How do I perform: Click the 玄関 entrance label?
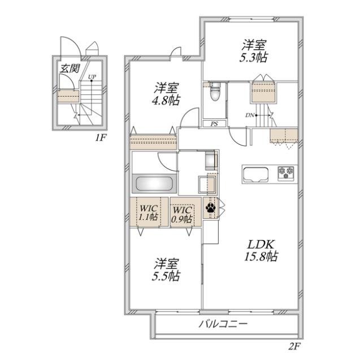(70, 69)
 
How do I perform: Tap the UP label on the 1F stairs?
(91, 77)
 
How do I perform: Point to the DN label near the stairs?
(249, 115)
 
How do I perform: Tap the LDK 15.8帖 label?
(260, 250)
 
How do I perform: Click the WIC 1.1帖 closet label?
(149, 213)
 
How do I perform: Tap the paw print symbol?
(210, 208)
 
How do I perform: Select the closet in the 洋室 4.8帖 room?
(153, 139)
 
